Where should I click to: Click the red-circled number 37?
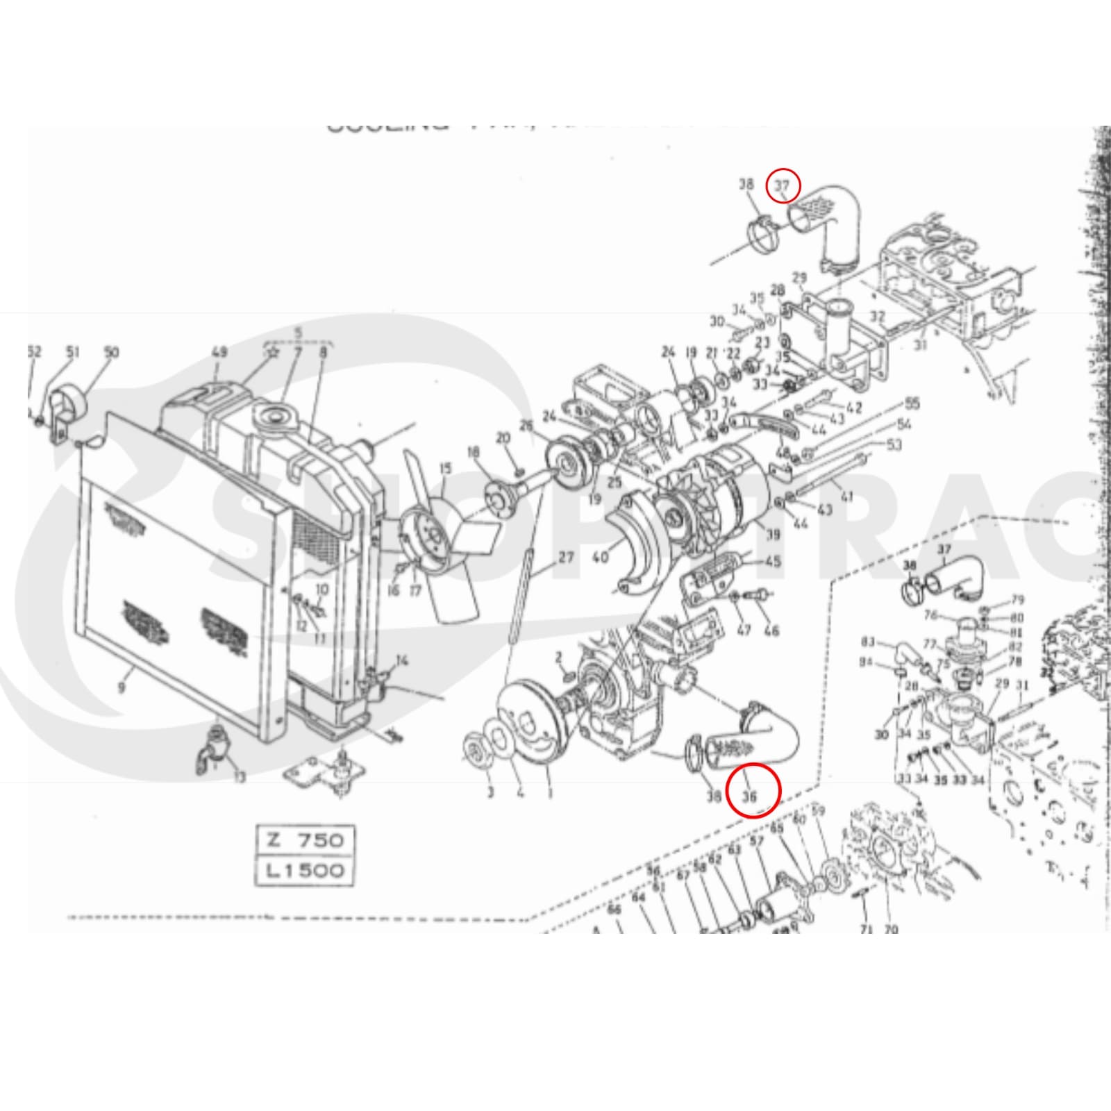tap(783, 186)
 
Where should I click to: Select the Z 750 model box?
tap(305, 839)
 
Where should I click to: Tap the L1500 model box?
tap(305, 870)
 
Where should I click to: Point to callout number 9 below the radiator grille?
tap(122, 687)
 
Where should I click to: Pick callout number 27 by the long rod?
tap(566, 557)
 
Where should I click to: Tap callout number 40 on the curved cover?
tap(601, 557)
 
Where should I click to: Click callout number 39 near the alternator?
tap(772, 533)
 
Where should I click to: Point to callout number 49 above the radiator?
tap(219, 353)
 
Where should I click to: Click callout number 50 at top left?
tap(111, 352)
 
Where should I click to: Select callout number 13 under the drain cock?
tap(238, 777)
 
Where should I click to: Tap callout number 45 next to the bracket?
tap(772, 561)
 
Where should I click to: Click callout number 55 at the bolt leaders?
tap(911, 403)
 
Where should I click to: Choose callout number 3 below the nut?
tap(490, 792)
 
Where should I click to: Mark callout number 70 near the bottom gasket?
tap(892, 928)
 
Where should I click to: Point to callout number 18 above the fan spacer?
tap(474, 453)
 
